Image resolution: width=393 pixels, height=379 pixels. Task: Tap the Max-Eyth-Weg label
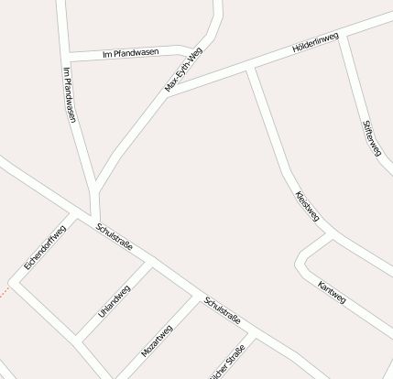click(x=183, y=70)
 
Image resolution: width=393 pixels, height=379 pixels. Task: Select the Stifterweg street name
click(x=372, y=137)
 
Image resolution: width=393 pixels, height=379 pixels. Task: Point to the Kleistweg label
click(x=308, y=206)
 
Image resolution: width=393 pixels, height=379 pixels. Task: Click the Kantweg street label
click(x=332, y=291)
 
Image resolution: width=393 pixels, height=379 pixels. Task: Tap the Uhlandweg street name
click(x=115, y=301)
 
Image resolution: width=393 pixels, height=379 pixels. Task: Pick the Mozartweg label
click(x=157, y=341)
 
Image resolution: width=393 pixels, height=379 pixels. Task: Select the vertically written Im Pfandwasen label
click(x=70, y=94)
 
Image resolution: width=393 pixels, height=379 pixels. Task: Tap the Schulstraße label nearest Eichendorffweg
click(x=115, y=235)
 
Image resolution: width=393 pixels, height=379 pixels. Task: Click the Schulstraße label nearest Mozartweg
click(x=223, y=310)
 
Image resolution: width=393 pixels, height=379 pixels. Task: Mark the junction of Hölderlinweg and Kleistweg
click(x=250, y=68)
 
